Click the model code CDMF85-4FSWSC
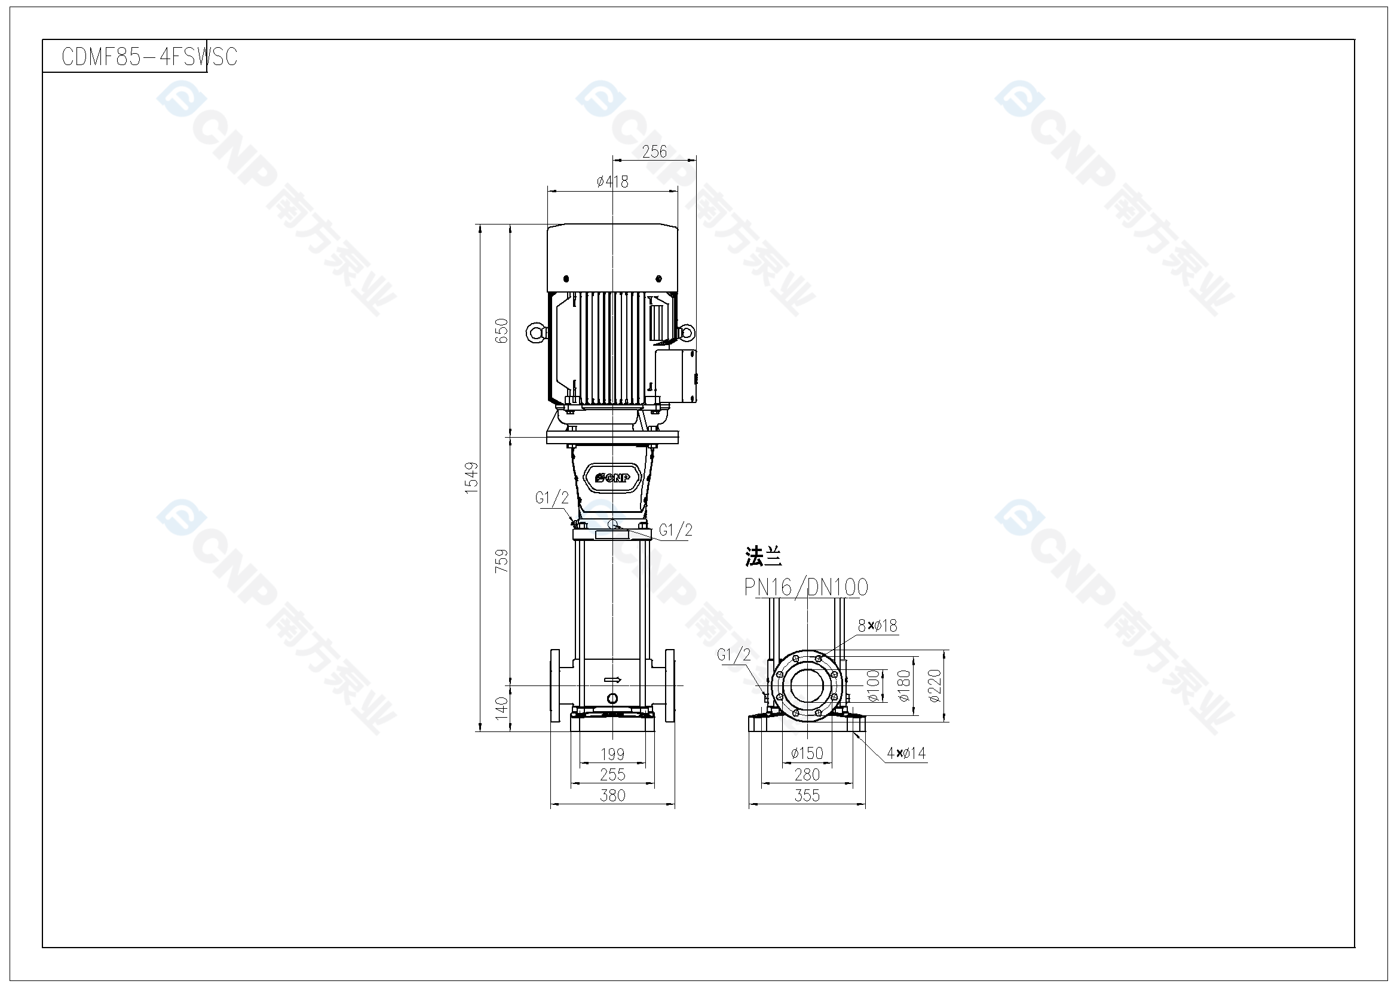[x=149, y=57]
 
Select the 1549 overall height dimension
[x=471, y=478]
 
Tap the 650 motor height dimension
[x=501, y=331]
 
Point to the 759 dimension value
[x=501, y=561]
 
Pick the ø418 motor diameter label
[x=612, y=182]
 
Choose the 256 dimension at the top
[x=654, y=152]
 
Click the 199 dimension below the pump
[x=612, y=754]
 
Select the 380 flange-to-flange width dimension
[x=612, y=795]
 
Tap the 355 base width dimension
[x=807, y=795]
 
